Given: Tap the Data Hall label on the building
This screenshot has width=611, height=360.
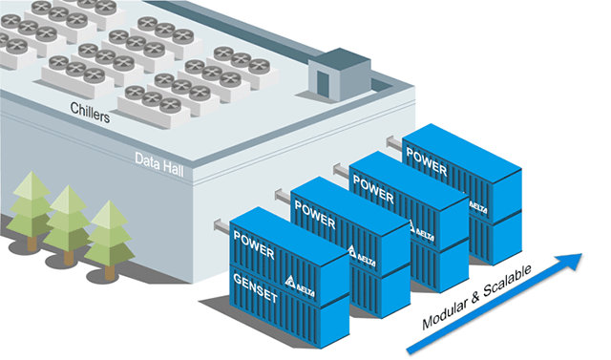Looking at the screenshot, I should pos(158,158).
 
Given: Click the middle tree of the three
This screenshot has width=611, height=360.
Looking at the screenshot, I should pos(70,217).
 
